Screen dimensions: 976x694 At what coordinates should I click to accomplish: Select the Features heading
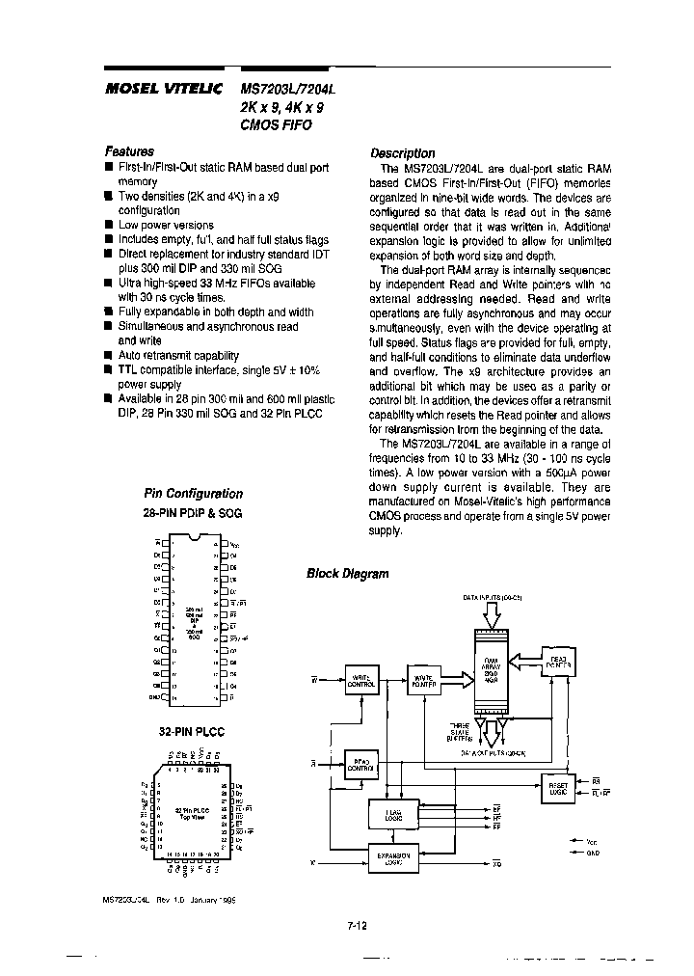[129, 151]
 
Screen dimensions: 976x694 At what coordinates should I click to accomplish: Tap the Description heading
[403, 153]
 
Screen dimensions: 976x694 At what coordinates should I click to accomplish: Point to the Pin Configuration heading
[193, 493]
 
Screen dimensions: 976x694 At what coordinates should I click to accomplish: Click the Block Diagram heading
[347, 574]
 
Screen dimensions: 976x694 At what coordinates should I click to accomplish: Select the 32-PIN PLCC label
[191, 732]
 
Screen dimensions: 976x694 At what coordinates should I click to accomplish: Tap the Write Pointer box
[425, 680]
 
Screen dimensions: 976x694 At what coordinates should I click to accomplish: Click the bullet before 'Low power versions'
[109, 225]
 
